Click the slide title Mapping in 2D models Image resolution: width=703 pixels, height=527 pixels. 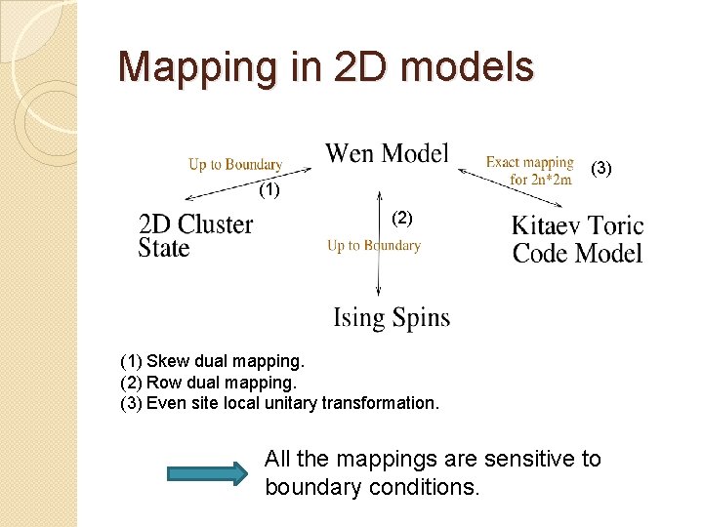[x=325, y=67]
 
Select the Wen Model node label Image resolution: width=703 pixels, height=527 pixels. [x=387, y=153]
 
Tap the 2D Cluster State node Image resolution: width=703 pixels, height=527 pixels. [x=195, y=236]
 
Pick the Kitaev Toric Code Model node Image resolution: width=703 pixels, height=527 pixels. [x=577, y=240]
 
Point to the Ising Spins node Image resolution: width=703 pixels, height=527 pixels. [x=392, y=318]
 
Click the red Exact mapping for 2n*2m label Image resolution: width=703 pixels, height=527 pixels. [x=529, y=170]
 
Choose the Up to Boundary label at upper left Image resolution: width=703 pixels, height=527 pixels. [x=235, y=164]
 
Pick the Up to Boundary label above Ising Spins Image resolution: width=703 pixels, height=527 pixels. [x=374, y=246]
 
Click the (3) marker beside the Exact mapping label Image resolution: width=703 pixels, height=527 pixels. [x=602, y=169]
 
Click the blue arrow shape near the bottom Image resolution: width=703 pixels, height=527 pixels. [x=207, y=473]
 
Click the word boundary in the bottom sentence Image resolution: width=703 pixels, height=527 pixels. [x=311, y=486]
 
